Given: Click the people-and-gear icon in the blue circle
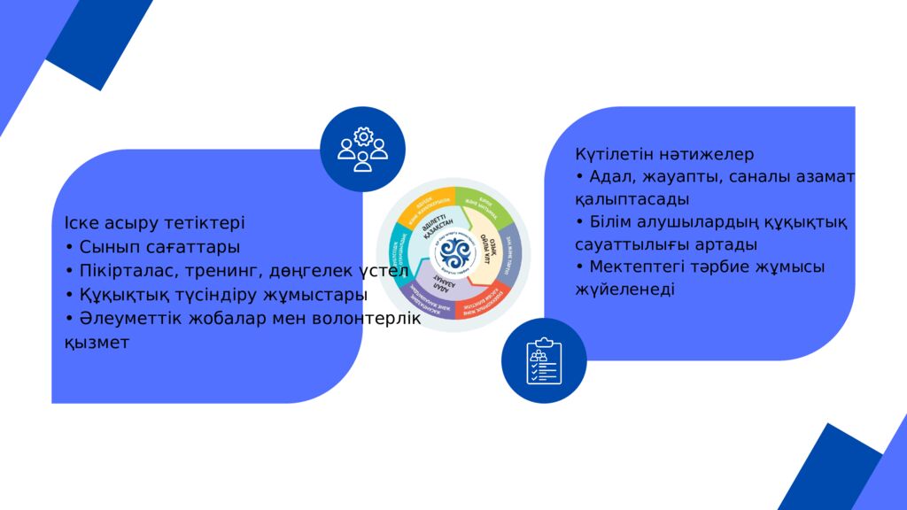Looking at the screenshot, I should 362,150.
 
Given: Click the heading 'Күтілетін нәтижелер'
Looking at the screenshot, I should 664,154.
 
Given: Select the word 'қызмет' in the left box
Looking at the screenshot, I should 97,342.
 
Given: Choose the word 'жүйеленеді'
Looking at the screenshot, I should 624,290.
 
